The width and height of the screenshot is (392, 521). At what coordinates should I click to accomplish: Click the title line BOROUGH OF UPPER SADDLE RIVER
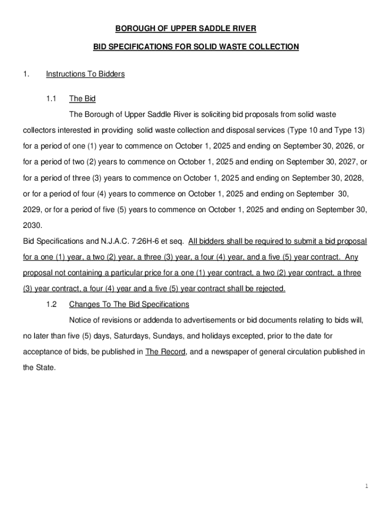[x=195, y=28]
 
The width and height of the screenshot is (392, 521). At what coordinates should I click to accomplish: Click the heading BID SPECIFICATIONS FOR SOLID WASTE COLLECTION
[x=195, y=47]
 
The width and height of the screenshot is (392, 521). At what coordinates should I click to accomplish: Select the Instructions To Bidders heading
[x=85, y=74]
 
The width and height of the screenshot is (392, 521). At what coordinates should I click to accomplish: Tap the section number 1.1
[x=51, y=99]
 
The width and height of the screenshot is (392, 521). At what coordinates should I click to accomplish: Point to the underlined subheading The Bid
[x=82, y=99]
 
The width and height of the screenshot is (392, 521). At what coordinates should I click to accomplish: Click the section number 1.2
[x=51, y=304]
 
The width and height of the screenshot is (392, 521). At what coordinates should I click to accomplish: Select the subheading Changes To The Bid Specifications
[x=129, y=304]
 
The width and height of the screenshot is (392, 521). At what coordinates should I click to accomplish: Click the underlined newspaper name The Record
[x=165, y=352]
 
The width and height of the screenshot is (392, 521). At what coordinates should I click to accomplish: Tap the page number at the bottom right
[x=366, y=486]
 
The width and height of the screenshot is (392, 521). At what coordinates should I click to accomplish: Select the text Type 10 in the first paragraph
[x=303, y=130]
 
